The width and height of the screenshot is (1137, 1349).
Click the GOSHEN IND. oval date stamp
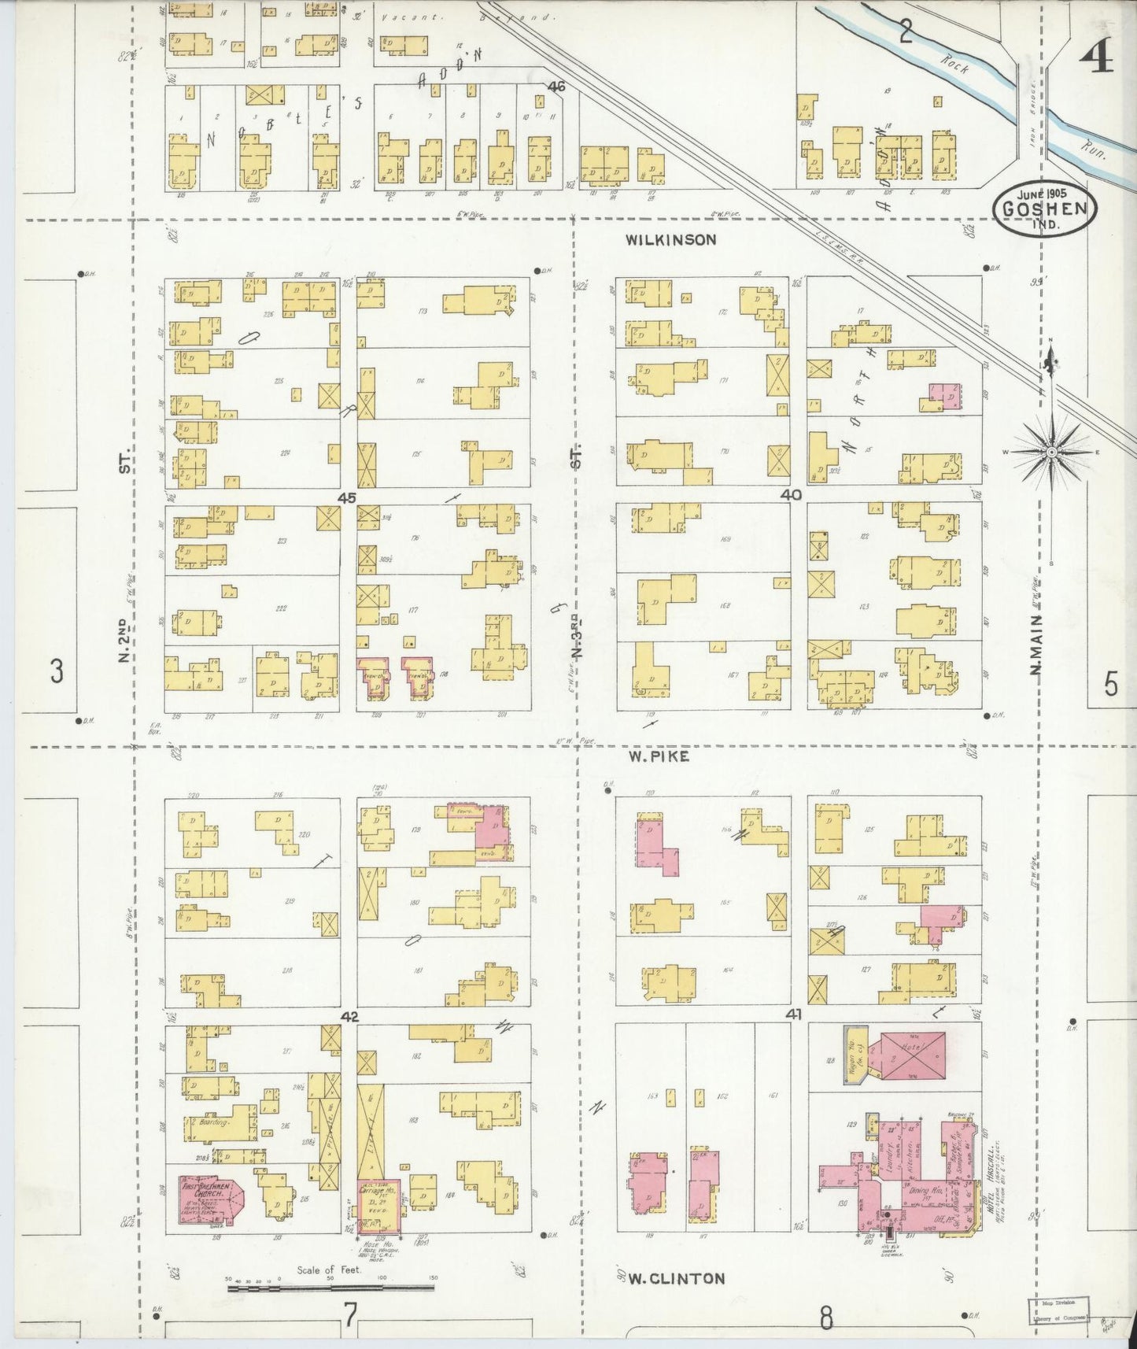[x=1044, y=207]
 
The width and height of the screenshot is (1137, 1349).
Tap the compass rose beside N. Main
[x=1051, y=452]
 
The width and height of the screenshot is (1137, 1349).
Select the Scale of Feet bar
[x=330, y=1288]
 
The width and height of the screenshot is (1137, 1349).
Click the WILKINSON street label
[x=671, y=239]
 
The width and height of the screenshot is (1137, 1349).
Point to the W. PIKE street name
[x=659, y=756]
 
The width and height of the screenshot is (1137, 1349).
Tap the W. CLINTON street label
[x=676, y=1278]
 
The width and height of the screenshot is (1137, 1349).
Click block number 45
[x=347, y=497]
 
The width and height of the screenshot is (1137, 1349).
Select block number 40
[x=791, y=495]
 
